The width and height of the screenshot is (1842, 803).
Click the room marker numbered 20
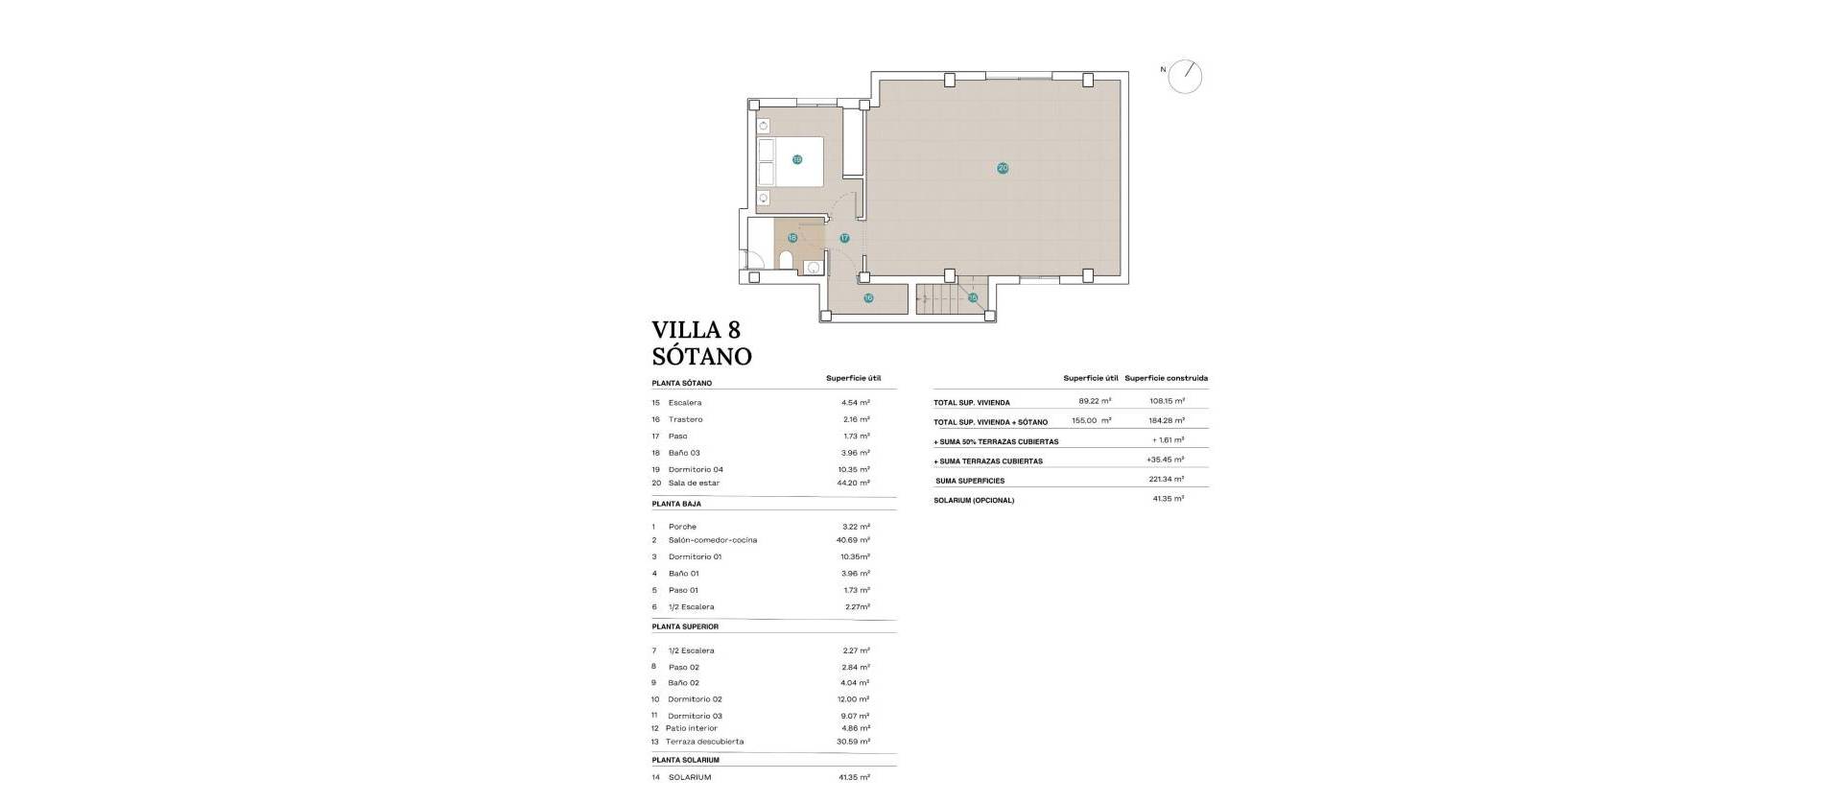pyautogui.click(x=1003, y=168)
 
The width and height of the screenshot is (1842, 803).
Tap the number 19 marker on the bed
pyautogui.click(x=797, y=160)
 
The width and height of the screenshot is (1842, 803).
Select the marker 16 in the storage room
pyautogui.click(x=868, y=298)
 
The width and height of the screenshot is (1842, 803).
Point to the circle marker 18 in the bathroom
pyautogui.click(x=792, y=238)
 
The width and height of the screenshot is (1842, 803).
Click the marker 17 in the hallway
pyautogui.click(x=844, y=238)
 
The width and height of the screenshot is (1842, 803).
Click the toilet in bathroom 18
pyautogui.click(x=786, y=262)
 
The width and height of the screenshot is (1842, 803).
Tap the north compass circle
pyautogui.click(x=1186, y=77)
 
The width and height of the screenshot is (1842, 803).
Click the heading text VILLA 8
pyautogui.click(x=696, y=330)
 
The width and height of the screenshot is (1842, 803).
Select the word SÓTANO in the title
pyautogui.click(x=701, y=357)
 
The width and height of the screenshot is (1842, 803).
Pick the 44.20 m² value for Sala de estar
pyautogui.click(x=853, y=484)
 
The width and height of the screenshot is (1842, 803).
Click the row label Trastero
pyautogui.click(x=685, y=419)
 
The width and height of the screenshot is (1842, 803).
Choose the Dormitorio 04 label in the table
pyautogui.click(x=695, y=470)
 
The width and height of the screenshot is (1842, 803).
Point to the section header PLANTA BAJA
pyautogui.click(x=676, y=504)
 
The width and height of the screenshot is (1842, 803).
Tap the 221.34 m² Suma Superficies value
pyautogui.click(x=1168, y=480)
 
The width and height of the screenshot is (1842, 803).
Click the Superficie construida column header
pyautogui.click(x=1166, y=378)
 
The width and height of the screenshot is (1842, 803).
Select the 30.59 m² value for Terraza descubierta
pyautogui.click(x=853, y=742)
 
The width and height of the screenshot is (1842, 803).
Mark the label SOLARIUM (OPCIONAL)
pyautogui.click(x=973, y=501)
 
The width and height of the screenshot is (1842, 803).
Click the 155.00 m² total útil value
pyautogui.click(x=1091, y=421)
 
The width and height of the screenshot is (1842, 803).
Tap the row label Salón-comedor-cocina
pyautogui.click(x=712, y=540)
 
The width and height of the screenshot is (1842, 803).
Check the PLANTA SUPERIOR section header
pyautogui.click(x=685, y=626)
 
